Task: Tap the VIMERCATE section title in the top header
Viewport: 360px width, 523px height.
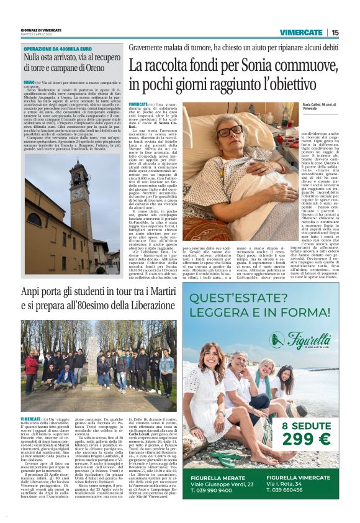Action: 301,32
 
